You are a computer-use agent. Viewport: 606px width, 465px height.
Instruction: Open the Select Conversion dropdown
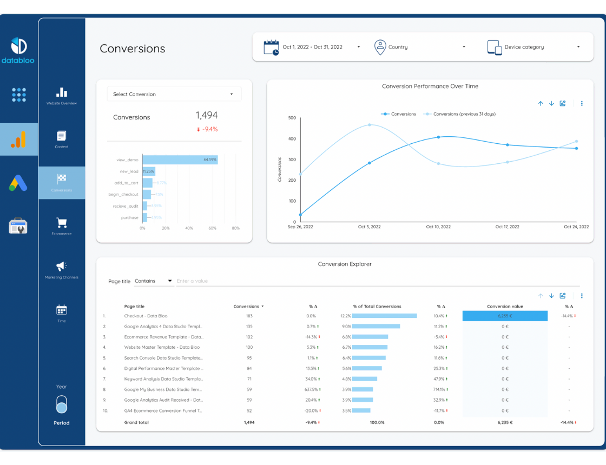(174, 94)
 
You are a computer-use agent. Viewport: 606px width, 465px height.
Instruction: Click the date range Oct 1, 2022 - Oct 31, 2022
(312, 47)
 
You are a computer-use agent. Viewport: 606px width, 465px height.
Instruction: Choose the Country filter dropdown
(420, 47)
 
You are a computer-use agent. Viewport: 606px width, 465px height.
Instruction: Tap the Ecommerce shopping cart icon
(62, 223)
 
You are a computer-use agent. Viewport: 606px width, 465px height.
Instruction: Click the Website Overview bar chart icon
(62, 92)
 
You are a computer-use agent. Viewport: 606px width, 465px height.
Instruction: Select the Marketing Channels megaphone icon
(62, 266)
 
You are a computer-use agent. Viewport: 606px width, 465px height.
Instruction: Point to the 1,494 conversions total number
(207, 115)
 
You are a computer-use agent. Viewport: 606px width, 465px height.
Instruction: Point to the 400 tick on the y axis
(292, 139)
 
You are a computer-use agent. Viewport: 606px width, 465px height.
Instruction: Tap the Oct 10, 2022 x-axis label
(438, 227)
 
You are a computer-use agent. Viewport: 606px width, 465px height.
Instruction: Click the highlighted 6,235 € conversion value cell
(505, 316)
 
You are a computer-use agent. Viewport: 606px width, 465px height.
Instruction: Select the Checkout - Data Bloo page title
(146, 316)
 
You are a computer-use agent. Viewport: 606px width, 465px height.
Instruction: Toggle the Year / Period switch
(62, 404)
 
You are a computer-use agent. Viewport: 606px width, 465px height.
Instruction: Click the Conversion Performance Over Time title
(430, 87)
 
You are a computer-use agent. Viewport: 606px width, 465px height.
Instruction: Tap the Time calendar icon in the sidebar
(62, 310)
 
